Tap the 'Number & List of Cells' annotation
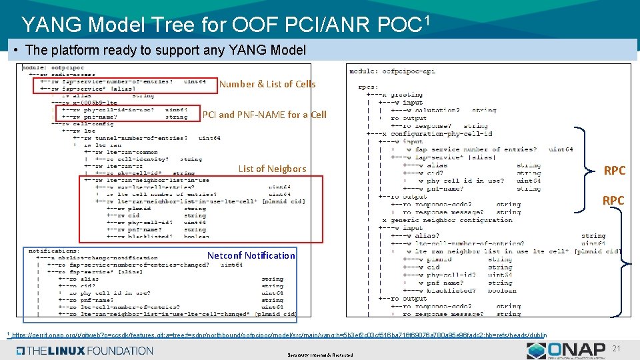point(267,84)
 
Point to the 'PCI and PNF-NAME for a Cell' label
point(265,115)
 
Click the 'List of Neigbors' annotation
point(272,169)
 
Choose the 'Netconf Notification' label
point(251,255)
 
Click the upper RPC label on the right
point(614,171)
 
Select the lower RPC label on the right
point(614,201)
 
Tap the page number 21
point(616,349)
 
